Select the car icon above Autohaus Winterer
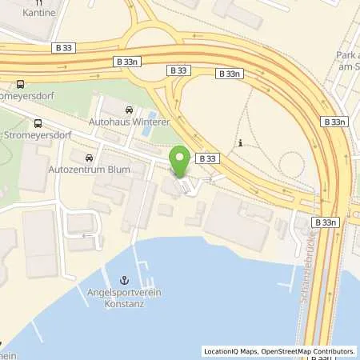coord(129,110)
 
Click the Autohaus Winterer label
coord(129,123)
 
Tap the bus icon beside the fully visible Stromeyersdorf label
coord(38,123)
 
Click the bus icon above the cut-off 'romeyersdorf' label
coord(20,82)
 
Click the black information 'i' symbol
coord(241,143)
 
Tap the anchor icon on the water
coord(123,279)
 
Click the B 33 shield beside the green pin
coord(207,158)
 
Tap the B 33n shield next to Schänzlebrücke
coord(325,222)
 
